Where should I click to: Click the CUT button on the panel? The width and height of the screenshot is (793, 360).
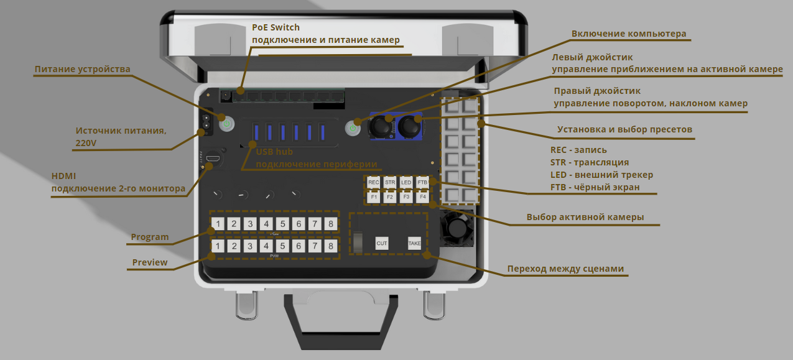pos(382,243)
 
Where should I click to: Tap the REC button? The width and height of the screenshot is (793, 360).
pos(373,182)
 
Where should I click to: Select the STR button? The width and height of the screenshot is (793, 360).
pos(390,182)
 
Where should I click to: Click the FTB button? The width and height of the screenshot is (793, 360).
pos(422,182)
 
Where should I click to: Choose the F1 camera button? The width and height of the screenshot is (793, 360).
pos(373,197)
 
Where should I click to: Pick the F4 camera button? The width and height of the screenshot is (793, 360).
pos(422,197)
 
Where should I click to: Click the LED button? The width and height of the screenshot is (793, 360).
pos(406,182)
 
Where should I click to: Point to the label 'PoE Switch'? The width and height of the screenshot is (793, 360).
pos(276,27)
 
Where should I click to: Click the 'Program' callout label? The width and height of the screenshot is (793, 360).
pos(149,237)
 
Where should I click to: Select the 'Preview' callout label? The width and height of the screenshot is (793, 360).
pos(150,262)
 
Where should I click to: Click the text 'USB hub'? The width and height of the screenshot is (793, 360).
pos(274,152)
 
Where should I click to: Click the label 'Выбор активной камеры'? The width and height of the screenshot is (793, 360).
pos(585,217)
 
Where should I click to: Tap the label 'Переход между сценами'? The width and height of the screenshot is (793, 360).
pos(565,269)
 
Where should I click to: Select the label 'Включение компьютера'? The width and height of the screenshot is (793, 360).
pos(629,34)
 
